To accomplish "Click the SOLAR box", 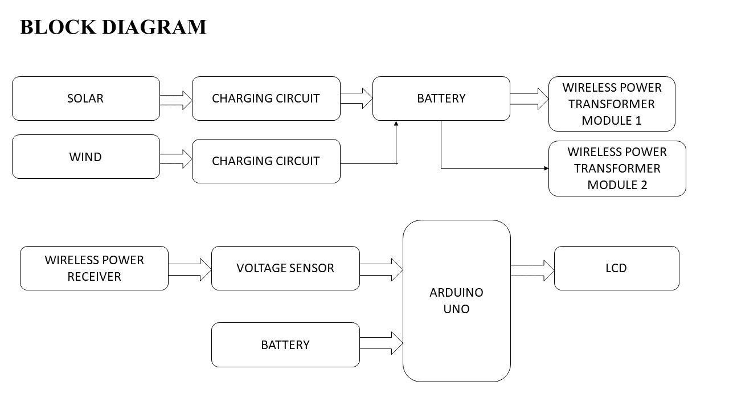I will [85, 99].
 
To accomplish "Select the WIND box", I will [85, 157].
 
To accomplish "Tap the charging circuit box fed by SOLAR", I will [266, 99].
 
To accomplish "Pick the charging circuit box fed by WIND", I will [266, 161].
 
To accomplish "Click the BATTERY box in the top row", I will [441, 99].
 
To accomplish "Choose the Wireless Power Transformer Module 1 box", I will [612, 104].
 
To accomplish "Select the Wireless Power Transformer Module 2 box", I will [617, 169].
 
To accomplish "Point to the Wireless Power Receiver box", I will [94, 268].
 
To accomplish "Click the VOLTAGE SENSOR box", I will [285, 268].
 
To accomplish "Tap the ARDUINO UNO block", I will [456, 301].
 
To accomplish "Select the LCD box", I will [616, 268].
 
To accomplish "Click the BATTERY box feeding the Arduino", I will [285, 345].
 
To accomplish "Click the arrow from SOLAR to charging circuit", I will [176, 100].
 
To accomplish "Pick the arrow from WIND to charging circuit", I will [176, 159].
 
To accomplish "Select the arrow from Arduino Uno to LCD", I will [532, 270].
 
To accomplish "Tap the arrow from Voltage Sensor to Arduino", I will [381, 269].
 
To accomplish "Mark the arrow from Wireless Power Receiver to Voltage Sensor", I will [190, 269].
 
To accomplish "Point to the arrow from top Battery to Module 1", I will [529, 99].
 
